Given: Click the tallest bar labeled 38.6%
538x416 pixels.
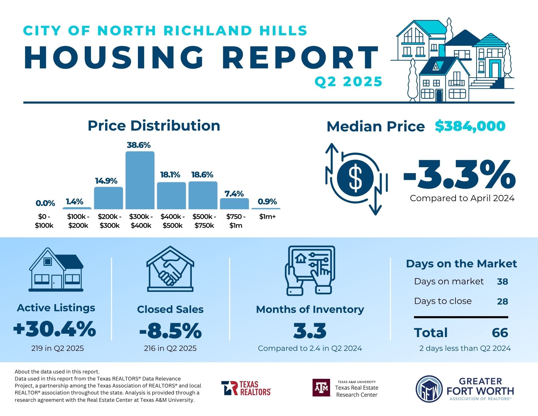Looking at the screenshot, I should coord(140,180).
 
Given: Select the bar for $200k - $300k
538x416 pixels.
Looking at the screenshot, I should coord(108,198).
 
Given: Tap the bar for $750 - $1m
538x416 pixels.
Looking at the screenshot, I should coord(234,204).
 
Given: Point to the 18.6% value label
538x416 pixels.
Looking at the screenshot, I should coord(202,175).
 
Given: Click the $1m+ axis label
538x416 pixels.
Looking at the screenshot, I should coord(267,217).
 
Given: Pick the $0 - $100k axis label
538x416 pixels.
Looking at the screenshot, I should coord(44,221).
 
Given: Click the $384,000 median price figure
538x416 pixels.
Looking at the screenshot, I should coord(470,126).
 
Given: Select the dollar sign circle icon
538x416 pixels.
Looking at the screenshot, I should coord(355,178).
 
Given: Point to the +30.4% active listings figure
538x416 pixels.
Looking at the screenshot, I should coord(55,329).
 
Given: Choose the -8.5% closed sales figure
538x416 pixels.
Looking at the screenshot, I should coord(170,331).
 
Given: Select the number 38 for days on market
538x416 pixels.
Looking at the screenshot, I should coord(502,282).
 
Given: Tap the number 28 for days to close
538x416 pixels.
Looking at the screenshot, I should coord(502,301).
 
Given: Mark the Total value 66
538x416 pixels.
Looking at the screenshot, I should coord(500,333).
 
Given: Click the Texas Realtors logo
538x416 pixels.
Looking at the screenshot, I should coord(246,388).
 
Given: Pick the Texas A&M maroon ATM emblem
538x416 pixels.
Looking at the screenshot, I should coord(321,388).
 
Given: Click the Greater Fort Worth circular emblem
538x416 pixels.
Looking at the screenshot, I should coord(429,389).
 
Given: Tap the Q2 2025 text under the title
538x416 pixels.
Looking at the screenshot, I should coord(348,82).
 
